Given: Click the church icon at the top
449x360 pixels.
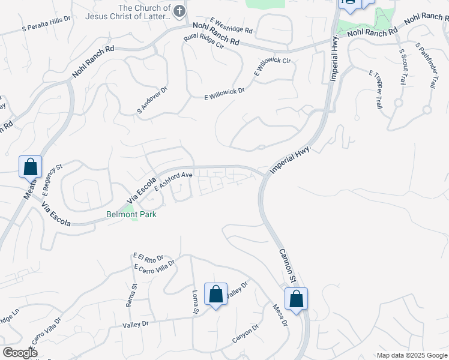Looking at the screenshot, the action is click(x=178, y=11).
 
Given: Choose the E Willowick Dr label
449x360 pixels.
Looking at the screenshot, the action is click(x=224, y=94).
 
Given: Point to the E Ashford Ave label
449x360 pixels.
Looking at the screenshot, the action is click(x=173, y=181).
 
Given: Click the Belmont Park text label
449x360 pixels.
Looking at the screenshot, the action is click(x=131, y=214).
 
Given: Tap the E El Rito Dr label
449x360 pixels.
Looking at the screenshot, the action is click(x=148, y=257).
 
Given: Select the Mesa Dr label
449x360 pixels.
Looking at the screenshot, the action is click(x=280, y=315).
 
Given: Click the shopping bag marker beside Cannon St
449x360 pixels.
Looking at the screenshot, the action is click(x=296, y=299).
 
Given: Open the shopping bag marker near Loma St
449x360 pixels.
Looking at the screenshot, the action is click(x=216, y=295).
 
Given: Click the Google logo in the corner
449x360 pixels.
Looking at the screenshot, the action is click(x=19, y=353).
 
